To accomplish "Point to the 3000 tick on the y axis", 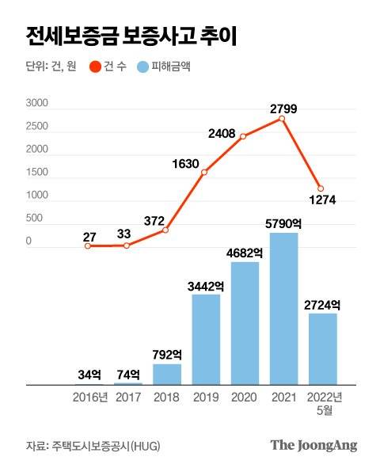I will point(37,104).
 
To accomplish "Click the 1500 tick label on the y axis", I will point(37,173).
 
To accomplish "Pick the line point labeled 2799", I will point(282,119).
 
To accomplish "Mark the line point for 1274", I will point(321,188).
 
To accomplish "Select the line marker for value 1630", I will point(204,173).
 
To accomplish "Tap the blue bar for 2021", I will point(283,309).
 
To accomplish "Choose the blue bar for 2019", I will point(205,339).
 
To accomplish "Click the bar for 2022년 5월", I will point(321,348).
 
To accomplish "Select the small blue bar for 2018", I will point(166,375).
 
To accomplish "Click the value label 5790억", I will point(283,223).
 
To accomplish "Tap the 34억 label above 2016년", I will point(89,374).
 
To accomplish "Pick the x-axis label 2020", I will point(244,398).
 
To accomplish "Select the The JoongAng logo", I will point(313,444).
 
